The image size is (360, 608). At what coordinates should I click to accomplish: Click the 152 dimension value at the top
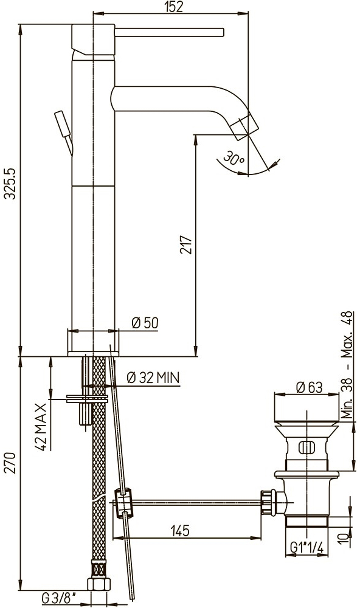tap(173, 7)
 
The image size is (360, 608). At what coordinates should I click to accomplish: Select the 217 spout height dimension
tap(186, 244)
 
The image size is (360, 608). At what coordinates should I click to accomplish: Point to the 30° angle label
tap(234, 158)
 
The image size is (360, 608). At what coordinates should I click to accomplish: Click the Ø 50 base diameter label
tap(145, 323)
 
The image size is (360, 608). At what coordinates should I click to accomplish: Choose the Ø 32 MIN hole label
tap(153, 378)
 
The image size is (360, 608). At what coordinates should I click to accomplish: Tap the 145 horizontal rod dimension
tap(181, 530)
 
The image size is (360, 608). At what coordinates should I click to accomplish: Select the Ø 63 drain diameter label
tap(309, 387)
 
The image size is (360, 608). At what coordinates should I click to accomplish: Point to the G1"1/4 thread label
tap(306, 547)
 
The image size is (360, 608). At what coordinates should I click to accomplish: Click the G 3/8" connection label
tap(59, 599)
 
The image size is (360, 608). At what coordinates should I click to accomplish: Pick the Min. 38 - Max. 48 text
tap(348, 365)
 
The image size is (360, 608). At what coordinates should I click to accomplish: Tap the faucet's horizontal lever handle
tap(170, 33)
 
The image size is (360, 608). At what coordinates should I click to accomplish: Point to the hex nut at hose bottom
tap(99, 584)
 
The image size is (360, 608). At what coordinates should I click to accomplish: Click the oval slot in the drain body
tap(306, 447)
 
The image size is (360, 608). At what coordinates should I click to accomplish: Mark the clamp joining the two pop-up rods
tap(124, 503)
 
